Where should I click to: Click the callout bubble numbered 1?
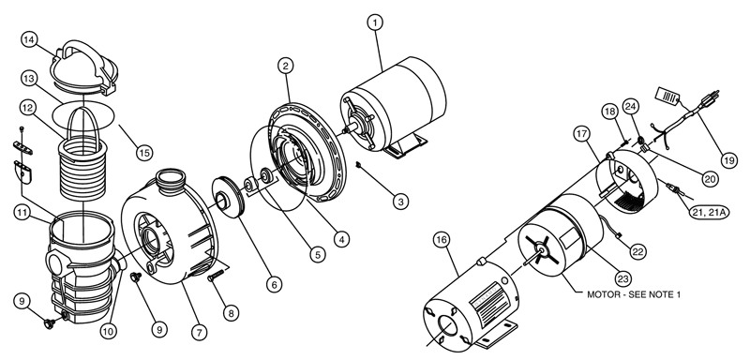click(376, 22)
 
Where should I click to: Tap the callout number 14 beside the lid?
click(30, 39)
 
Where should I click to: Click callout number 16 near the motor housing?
click(441, 241)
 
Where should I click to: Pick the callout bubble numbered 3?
click(401, 201)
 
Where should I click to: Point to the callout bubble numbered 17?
click(582, 134)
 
